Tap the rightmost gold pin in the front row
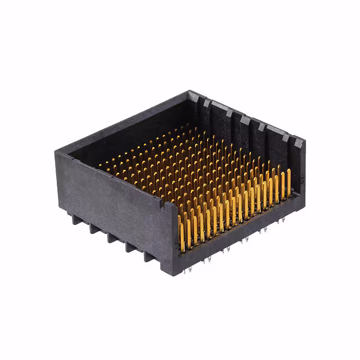coord(289,181)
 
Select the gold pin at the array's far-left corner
coord(102,165)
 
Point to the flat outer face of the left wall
coord(112,202)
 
